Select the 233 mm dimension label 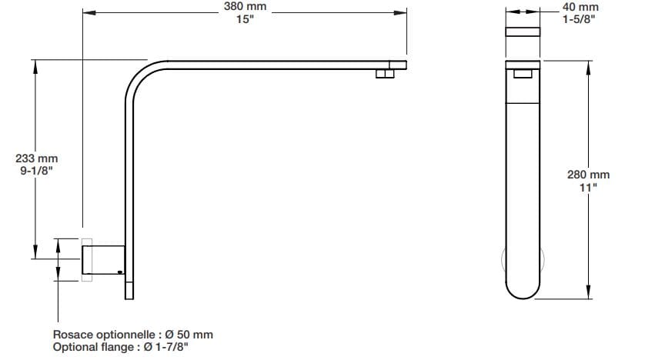pyautogui.click(x=36, y=158)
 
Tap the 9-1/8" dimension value pyautogui.click(x=36, y=172)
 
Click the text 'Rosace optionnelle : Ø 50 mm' pyautogui.click(x=132, y=335)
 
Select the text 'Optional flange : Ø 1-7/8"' pyautogui.click(x=122, y=347)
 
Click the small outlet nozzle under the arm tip pyautogui.click(x=383, y=73)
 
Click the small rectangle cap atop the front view pyautogui.click(x=522, y=32)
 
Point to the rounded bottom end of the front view pyautogui.click(x=522, y=288)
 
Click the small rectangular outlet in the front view pyautogui.click(x=522, y=73)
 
